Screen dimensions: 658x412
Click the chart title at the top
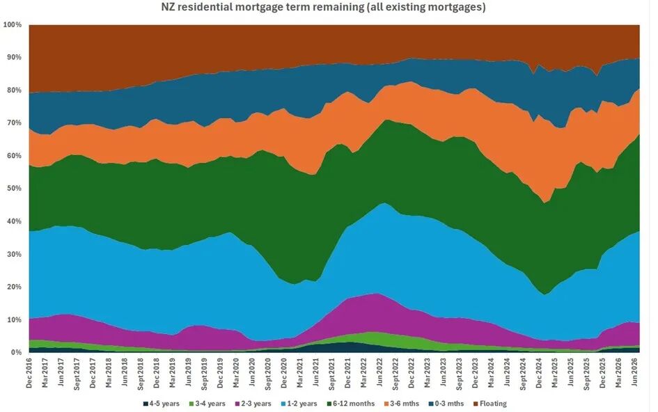click(323, 7)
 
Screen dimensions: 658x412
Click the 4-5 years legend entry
click(161, 404)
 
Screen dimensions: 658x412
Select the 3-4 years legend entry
click(207, 404)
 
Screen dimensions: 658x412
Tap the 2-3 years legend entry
click(253, 404)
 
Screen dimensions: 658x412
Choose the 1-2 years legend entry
click(299, 404)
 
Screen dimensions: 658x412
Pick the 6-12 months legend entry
click(350, 404)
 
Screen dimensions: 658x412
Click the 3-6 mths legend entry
click(402, 404)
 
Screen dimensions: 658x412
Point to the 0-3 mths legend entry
click(446, 404)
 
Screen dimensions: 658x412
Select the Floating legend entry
click(489, 404)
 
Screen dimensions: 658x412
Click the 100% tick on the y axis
click(12, 25)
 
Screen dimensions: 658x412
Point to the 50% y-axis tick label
click(14, 189)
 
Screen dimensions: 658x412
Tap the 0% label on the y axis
click(16, 352)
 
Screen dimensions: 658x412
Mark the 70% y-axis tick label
click(14, 123)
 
